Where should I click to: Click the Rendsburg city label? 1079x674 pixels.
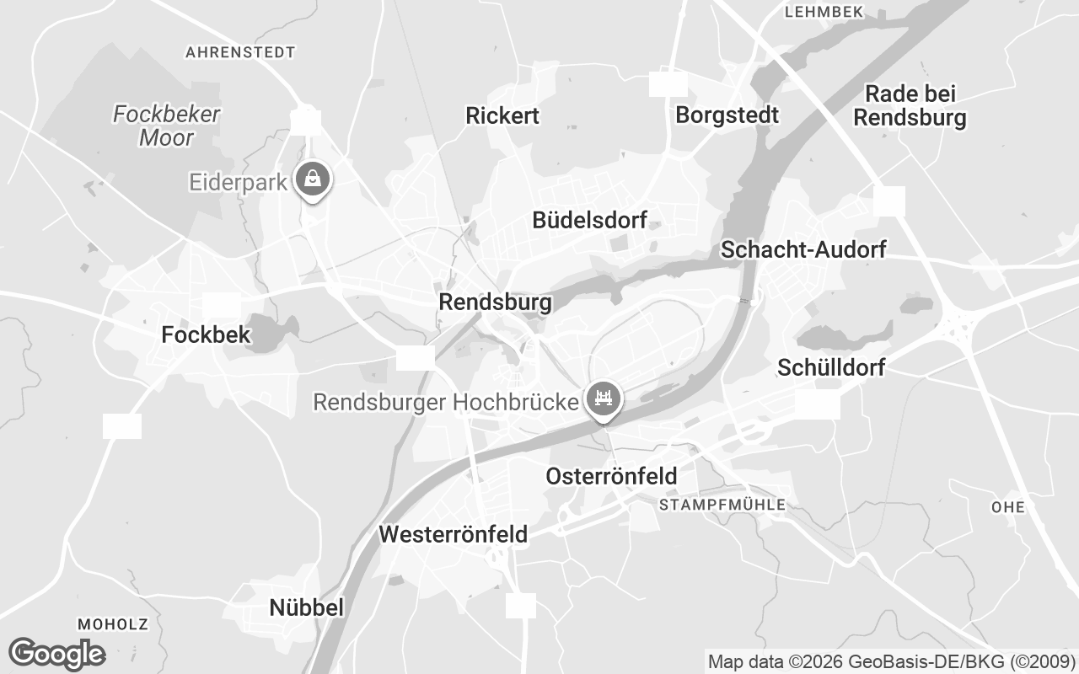495,302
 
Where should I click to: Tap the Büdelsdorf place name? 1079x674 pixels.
589,221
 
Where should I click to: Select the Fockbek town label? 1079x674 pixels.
206,334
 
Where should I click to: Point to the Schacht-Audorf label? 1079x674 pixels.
803,249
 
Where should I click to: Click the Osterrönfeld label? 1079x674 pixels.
611,476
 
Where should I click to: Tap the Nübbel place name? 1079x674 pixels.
306,607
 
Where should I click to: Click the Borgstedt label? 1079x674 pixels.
727,115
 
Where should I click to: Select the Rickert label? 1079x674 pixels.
502,115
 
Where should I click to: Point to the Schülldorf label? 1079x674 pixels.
831,367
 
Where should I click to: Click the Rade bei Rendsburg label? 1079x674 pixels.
910,105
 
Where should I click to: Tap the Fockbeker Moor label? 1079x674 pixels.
166,126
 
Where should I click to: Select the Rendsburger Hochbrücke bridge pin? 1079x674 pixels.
603,398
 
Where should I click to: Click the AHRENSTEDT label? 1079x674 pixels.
240,52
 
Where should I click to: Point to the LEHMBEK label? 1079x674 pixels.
824,12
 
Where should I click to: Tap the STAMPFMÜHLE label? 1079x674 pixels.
722,505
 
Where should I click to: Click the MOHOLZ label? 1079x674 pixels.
112,624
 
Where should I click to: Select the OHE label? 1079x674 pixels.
1008,507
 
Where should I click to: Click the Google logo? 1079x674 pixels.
57,654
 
